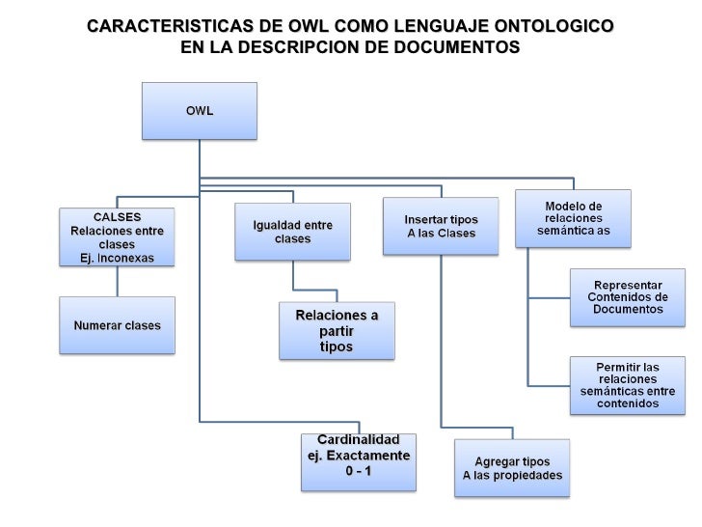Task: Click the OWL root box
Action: click(x=200, y=110)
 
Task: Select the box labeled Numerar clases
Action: click(x=117, y=325)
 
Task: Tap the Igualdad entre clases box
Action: click(x=292, y=232)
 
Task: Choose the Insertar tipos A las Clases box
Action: click(x=441, y=226)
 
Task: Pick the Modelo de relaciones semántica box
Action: click(x=573, y=218)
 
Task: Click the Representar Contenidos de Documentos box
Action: click(x=628, y=297)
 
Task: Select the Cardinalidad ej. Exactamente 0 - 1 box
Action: click(x=358, y=461)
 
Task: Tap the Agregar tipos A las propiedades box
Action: click(x=512, y=468)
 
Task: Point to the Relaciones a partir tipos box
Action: click(x=337, y=331)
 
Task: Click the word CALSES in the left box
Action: click(x=118, y=217)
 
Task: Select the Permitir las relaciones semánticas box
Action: click(x=628, y=385)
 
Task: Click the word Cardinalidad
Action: click(x=359, y=440)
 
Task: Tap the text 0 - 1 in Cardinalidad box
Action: click(x=359, y=471)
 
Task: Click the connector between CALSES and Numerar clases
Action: click(x=117, y=280)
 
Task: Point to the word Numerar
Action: click(x=96, y=325)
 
